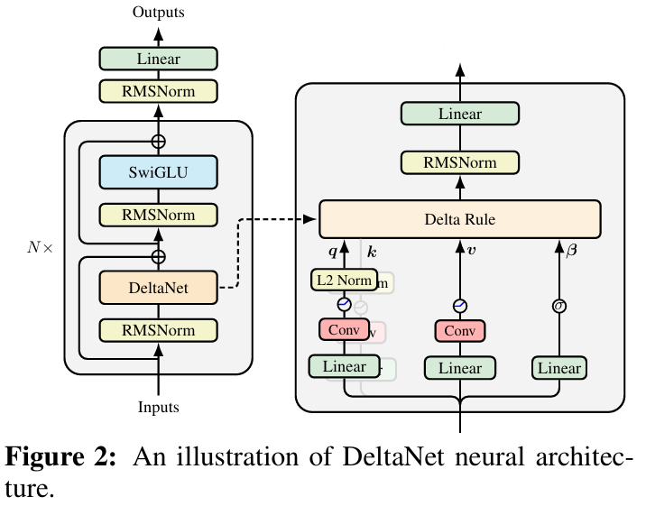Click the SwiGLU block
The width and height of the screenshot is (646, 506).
pos(158,171)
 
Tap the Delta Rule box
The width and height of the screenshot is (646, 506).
pos(459,219)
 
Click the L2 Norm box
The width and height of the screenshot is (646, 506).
pos(343,281)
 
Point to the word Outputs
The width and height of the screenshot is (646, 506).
pos(159,12)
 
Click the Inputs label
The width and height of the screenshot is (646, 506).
pos(158,408)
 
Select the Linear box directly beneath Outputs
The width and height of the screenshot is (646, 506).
pos(158,60)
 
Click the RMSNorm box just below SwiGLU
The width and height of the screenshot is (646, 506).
pos(158,216)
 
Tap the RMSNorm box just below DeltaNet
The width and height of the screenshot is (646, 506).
pos(158,330)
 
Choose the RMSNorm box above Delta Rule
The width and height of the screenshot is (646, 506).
pos(459,162)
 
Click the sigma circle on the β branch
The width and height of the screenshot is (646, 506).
pos(559,306)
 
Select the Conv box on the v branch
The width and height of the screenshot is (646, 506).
pos(459,331)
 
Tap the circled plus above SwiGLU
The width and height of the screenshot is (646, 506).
pos(159,141)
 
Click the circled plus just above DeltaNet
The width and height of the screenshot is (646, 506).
pos(159,256)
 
